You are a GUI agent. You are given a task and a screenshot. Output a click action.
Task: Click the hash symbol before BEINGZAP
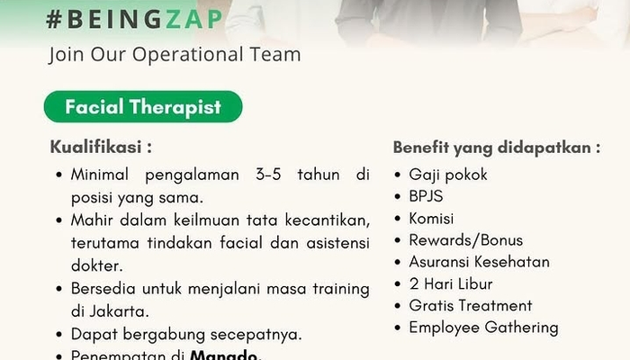point(54,19)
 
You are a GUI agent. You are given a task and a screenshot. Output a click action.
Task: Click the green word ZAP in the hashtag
point(193,19)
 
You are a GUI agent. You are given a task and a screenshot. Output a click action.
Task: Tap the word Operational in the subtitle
point(187,54)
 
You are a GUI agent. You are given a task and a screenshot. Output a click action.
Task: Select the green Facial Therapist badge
point(143,106)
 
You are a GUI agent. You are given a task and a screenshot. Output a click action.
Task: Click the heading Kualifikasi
point(101,147)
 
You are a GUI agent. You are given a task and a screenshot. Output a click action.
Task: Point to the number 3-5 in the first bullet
point(268,175)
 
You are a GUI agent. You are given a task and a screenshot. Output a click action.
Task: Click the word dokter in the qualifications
point(97,265)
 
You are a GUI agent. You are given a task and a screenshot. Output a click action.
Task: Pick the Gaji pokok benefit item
point(448,175)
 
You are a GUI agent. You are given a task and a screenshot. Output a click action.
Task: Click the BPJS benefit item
point(426,196)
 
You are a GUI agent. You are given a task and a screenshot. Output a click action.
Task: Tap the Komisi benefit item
point(431,219)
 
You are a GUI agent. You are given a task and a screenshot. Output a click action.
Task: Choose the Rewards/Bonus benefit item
point(465,240)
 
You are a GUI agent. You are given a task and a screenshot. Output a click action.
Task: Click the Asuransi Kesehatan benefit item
point(479,262)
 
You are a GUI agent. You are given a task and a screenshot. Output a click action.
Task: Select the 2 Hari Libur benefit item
point(451,284)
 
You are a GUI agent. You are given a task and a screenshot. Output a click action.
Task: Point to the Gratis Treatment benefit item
point(471,306)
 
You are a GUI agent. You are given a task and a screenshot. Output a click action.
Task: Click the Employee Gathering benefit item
point(484,328)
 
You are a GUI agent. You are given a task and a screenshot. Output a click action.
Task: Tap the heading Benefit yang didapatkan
point(497,148)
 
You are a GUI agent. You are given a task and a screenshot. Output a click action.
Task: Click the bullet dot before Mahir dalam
point(59,220)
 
